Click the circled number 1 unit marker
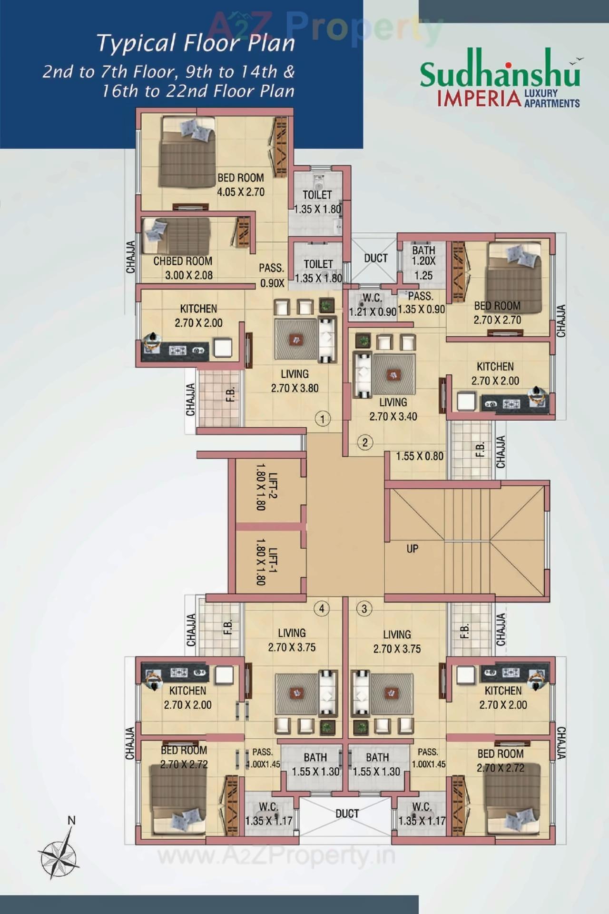click(x=323, y=419)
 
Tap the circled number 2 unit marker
click(x=365, y=442)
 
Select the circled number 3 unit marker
click(x=364, y=609)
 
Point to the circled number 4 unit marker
click(x=322, y=608)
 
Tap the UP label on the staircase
click(x=412, y=549)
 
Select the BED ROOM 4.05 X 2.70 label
click(x=240, y=185)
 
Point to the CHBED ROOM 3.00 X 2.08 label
click(x=183, y=268)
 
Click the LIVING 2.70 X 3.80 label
click(x=295, y=381)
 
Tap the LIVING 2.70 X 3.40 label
click(x=393, y=409)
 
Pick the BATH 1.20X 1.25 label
click(x=423, y=262)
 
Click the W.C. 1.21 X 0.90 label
click(x=372, y=305)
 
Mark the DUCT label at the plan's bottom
click(x=347, y=814)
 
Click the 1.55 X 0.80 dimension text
click(x=419, y=456)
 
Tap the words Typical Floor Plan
click(x=196, y=43)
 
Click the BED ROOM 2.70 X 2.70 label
click(x=497, y=312)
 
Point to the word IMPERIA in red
click(x=479, y=99)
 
